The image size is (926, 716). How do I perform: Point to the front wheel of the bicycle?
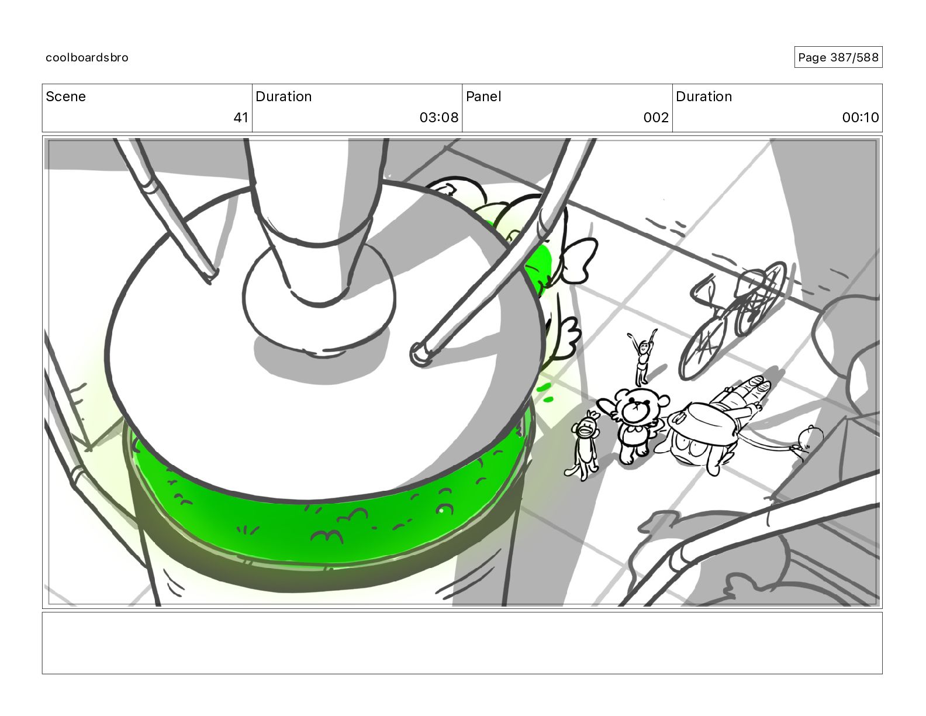[x=703, y=347]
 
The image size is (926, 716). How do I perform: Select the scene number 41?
[x=241, y=117]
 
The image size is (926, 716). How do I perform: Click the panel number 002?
[x=656, y=117]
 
